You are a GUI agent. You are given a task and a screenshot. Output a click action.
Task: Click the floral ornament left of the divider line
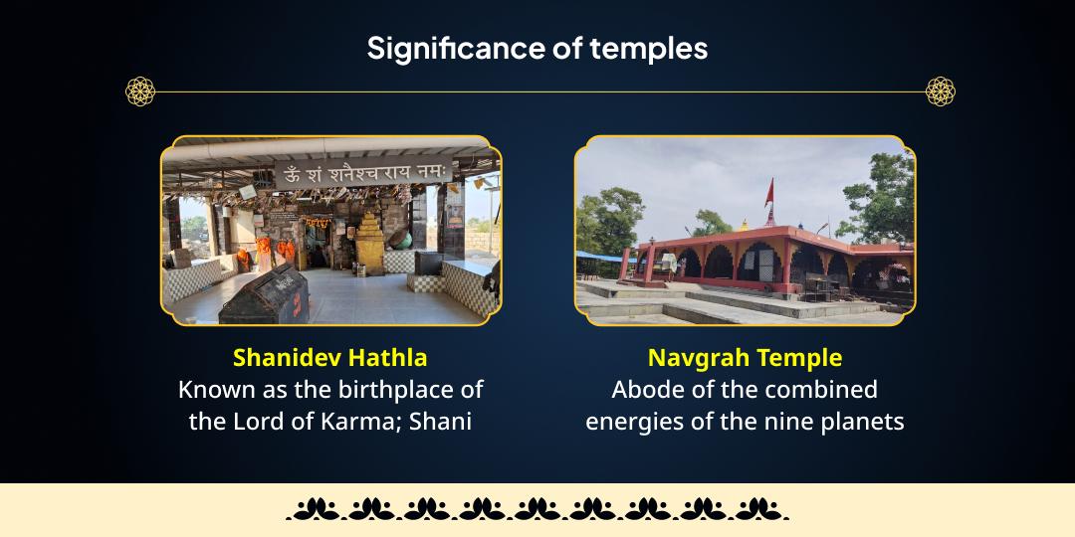pyautogui.click(x=139, y=91)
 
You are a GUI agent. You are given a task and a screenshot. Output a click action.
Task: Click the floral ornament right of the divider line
pyautogui.click(x=941, y=91)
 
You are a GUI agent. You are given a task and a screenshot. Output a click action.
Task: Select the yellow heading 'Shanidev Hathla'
pyautogui.click(x=330, y=357)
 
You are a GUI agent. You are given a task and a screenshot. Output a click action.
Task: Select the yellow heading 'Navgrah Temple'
pyautogui.click(x=745, y=357)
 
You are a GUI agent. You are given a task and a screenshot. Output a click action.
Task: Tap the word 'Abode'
pyautogui.click(x=645, y=389)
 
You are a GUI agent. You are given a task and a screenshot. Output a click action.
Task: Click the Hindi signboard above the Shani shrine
pyautogui.click(x=368, y=175)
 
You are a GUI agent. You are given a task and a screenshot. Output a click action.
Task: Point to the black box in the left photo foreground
pyautogui.click(x=264, y=297)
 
